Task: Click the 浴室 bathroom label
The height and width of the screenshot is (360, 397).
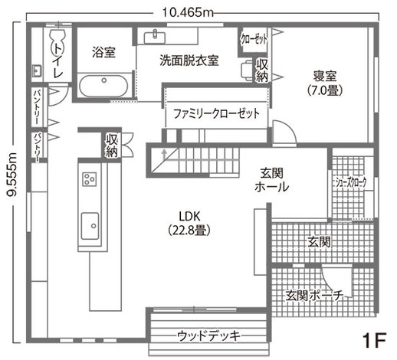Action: (x=103, y=52)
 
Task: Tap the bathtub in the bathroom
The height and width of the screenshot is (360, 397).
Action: (x=103, y=86)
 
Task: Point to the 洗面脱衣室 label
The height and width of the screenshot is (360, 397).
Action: (x=189, y=61)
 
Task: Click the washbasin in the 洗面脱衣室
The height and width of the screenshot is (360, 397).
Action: (x=155, y=38)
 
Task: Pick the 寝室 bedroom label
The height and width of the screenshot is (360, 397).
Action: (x=325, y=76)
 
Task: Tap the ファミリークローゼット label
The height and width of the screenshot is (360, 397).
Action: (x=216, y=113)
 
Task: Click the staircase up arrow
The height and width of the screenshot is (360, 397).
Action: (x=164, y=155)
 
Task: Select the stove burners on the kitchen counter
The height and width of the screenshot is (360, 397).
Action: (x=90, y=179)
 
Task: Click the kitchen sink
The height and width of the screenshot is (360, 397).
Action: (x=90, y=226)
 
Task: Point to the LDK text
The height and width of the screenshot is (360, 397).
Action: (x=189, y=217)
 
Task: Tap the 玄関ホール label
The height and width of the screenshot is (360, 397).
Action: (x=271, y=180)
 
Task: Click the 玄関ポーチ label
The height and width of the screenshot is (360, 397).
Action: (x=314, y=296)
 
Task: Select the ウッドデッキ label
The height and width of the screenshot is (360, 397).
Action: (x=209, y=335)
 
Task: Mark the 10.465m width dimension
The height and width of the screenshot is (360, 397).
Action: (x=188, y=12)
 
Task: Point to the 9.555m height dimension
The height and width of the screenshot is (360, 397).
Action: (x=12, y=175)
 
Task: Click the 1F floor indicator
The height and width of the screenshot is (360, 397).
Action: (x=374, y=340)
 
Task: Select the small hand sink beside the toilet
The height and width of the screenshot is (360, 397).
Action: (x=38, y=70)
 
